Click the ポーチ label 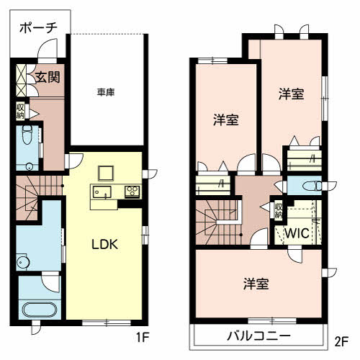click(38, 28)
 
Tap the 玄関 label click(48, 77)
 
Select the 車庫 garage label click(106, 92)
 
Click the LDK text click(105, 244)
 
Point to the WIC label click(297, 233)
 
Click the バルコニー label click(258, 336)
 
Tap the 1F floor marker click(143, 338)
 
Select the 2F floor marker click(341, 341)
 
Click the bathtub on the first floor click(40, 310)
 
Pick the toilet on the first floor click(27, 135)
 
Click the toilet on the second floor click(312, 186)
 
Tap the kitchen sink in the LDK click(102, 192)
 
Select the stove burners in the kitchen click(132, 192)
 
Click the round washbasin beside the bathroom click(23, 261)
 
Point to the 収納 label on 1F click(20, 111)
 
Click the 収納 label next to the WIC click(279, 211)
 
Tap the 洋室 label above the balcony click(256, 284)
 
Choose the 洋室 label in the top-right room click(292, 94)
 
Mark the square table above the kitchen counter click(106, 173)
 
